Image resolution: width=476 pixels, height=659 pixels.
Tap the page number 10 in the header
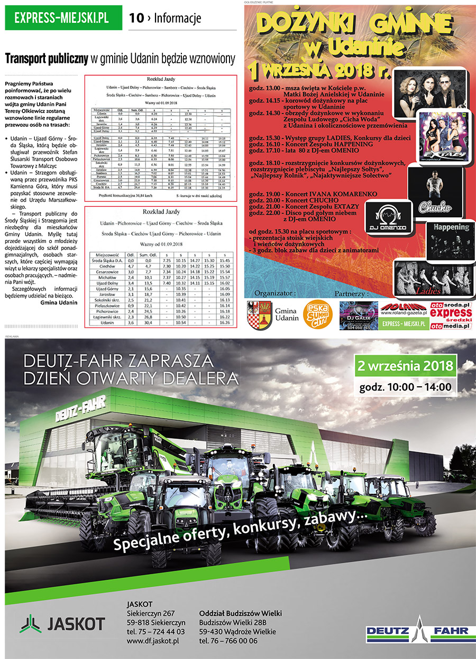(136, 18)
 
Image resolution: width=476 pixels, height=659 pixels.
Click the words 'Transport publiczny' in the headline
(47, 58)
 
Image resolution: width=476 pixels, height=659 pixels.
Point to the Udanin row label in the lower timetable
(107, 322)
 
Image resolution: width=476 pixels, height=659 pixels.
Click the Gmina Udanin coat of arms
(260, 315)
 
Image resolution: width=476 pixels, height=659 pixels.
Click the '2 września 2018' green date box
(406, 366)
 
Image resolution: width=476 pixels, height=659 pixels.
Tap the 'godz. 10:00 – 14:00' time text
(405, 387)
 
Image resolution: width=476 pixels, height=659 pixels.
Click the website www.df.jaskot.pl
(153, 641)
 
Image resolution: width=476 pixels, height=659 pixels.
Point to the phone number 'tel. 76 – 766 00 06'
(228, 641)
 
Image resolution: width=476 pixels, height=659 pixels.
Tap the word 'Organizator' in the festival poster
(274, 292)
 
